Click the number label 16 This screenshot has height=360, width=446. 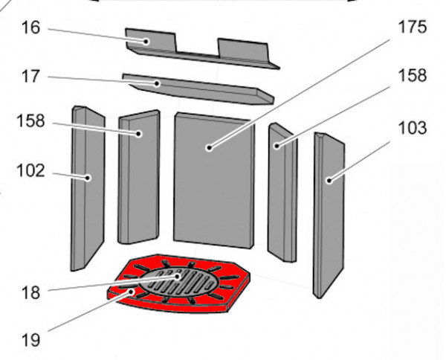coord(30,28)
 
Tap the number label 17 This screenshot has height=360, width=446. coord(30,77)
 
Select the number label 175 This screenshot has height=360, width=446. coord(413,27)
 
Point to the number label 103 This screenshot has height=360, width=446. coord(413,128)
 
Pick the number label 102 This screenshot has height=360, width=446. coord(30,171)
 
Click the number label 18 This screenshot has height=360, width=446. coord(30,292)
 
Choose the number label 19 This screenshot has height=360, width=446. coord(30,340)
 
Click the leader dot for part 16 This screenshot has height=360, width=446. coord(146,42)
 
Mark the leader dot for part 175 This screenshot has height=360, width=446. coord(210,148)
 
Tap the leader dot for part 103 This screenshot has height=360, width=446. coord(329,181)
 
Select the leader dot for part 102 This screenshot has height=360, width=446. coord(88,179)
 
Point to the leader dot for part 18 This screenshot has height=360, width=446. coord(178,277)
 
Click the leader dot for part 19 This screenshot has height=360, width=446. coord(131,292)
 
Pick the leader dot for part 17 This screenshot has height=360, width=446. coord(157,83)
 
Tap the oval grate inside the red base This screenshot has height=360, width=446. coord(178,283)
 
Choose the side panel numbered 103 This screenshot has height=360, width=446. coord(329,215)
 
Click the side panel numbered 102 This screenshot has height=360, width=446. coord(87,188)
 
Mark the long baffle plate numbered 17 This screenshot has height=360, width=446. coord(198,89)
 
